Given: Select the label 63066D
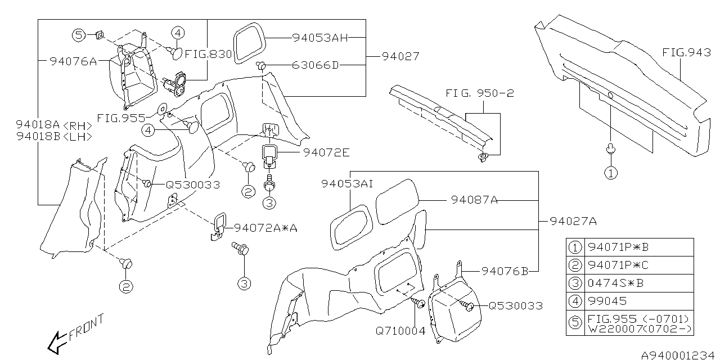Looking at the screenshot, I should pos(316,65).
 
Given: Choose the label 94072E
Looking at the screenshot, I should pos(326,152).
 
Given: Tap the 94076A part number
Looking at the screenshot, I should pos(73,61).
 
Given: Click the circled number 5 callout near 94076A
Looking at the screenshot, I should pos(79,35).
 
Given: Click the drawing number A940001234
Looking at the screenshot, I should pos(679,354).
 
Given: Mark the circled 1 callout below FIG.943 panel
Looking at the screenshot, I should pos(610,172).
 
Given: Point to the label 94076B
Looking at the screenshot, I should pos(505,271).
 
